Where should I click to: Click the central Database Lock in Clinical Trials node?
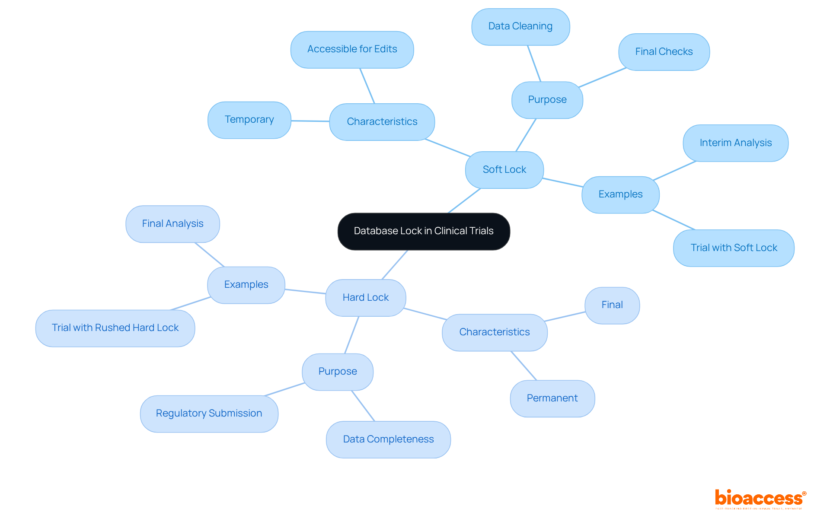(424, 231)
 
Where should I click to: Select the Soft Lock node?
(504, 170)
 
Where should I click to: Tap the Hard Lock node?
(365, 298)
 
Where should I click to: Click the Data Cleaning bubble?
(520, 26)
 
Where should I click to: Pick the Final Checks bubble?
(664, 52)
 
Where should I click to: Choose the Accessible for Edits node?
(352, 49)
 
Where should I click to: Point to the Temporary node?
(249, 120)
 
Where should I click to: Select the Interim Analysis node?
(735, 143)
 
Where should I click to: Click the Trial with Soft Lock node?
(734, 248)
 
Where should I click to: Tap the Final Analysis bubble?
(172, 224)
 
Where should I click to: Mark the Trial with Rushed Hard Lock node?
(115, 328)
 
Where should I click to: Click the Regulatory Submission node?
(209, 414)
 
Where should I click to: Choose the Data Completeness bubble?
(388, 439)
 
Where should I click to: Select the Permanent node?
(552, 398)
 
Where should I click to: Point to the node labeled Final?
(612, 305)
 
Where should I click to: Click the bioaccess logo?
(760, 499)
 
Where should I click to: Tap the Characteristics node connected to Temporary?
(382, 122)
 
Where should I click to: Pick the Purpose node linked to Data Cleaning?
(547, 100)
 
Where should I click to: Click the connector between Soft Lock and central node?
(464, 200)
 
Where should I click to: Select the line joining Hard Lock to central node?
(395, 264)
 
